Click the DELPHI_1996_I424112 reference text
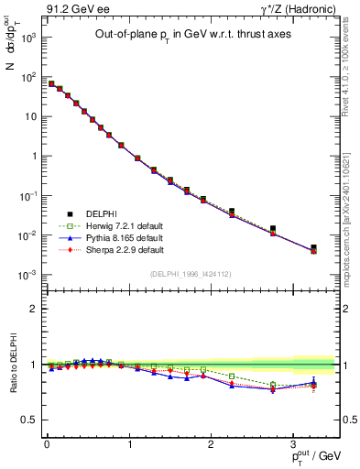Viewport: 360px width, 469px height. point(190,273)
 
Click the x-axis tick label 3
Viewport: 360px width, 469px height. point(293,445)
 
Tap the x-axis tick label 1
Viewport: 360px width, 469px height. point(129,445)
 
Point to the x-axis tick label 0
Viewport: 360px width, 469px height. point(47,445)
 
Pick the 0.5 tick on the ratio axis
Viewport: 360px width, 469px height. point(32,420)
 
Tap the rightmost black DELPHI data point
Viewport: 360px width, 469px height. point(313,247)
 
